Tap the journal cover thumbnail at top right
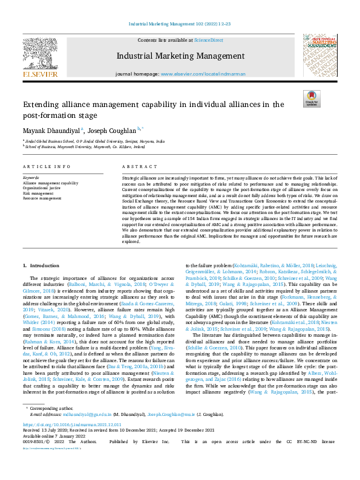pyautogui.click(x=320, y=56)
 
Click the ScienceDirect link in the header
pyautogui.click(x=208, y=39)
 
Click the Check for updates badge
pyautogui.click(x=312, y=99)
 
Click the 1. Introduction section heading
pyautogui.click(x=41, y=265)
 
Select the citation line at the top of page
pyautogui.click(x=180, y=24)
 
